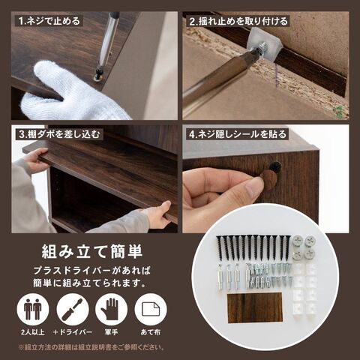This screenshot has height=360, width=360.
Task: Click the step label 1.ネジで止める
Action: click(49, 21)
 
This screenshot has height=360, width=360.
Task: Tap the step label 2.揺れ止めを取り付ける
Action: click(238, 22)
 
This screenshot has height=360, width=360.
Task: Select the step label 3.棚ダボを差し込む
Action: click(60, 134)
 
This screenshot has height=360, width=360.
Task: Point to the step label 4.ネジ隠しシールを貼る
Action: click(237, 134)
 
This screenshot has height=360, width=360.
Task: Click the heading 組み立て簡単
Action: click(92, 251)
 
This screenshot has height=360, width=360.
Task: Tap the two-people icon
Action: click(33, 310)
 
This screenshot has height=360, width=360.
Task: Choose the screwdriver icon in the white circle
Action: click(73, 310)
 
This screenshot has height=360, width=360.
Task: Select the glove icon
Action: click(112, 310)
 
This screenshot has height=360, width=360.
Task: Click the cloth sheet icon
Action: click(151, 310)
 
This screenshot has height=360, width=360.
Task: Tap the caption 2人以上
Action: click(33, 332)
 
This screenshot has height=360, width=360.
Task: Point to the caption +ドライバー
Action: click(73, 332)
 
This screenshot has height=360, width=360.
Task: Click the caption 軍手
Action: click(111, 332)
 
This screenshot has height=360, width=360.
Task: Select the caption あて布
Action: click(151, 332)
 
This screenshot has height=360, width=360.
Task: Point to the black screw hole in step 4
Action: click(276, 166)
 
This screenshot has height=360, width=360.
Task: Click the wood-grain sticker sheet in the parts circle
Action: click(254, 308)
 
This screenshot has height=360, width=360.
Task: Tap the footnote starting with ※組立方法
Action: click(91, 347)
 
